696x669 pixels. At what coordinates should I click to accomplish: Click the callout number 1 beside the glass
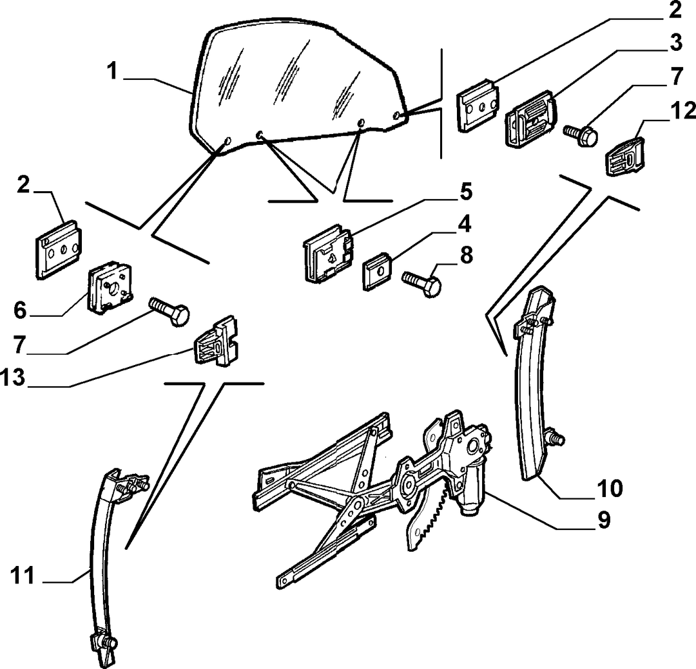(x=113, y=71)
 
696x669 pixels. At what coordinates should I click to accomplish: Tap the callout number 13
(x=13, y=379)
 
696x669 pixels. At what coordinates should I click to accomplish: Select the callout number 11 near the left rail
(x=23, y=576)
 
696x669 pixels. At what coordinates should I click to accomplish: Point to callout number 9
(x=604, y=520)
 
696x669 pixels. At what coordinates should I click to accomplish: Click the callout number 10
(x=610, y=488)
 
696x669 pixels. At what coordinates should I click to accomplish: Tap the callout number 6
(x=21, y=310)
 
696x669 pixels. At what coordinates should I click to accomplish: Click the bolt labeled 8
(x=421, y=282)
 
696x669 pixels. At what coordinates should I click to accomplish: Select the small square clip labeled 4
(x=377, y=270)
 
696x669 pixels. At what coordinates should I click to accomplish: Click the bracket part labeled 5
(x=329, y=252)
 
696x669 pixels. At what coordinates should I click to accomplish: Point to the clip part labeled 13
(x=216, y=341)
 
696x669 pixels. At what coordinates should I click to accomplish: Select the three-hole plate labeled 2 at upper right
(x=478, y=105)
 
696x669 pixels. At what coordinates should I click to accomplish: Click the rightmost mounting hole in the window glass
(x=397, y=116)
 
